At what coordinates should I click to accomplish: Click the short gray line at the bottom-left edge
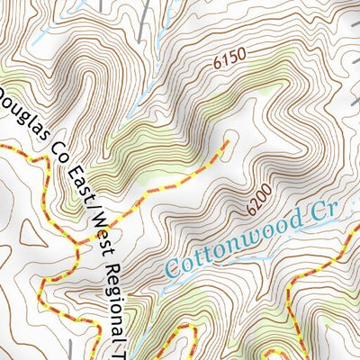[x=71, y=349]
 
